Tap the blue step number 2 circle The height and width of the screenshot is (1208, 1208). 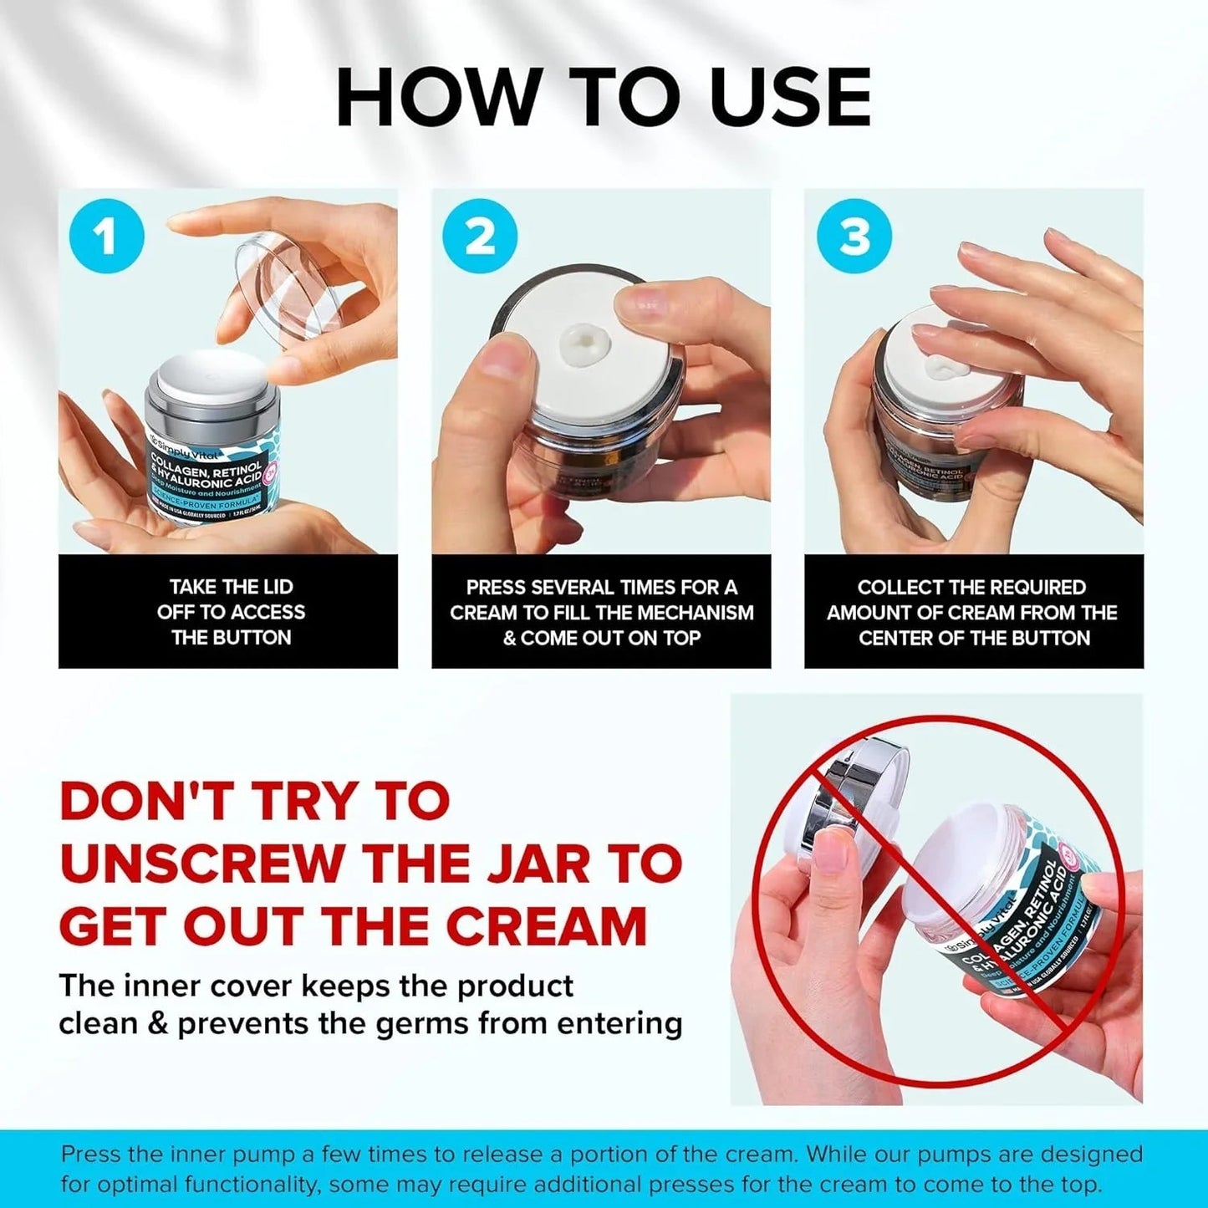pos(479,237)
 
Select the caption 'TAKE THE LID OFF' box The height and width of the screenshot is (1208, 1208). pos(228,612)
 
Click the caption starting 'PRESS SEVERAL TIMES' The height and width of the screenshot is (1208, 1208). pos(601,612)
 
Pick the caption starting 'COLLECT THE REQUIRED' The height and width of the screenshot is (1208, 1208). pos(973,612)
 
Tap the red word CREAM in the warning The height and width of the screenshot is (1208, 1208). pos(546,926)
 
